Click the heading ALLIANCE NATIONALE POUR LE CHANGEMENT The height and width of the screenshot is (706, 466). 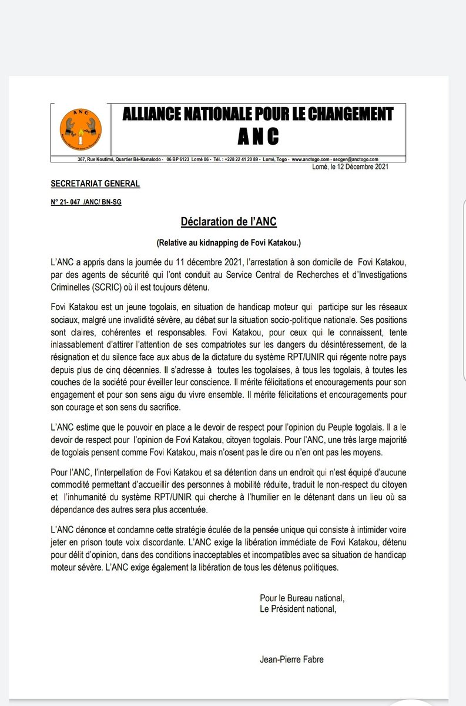[x=257, y=114]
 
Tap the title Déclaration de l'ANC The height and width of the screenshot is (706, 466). [x=228, y=222]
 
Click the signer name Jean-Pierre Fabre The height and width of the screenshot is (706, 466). [x=291, y=660]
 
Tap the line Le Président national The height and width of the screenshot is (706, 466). [x=299, y=608]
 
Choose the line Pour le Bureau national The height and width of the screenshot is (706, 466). [x=301, y=598]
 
